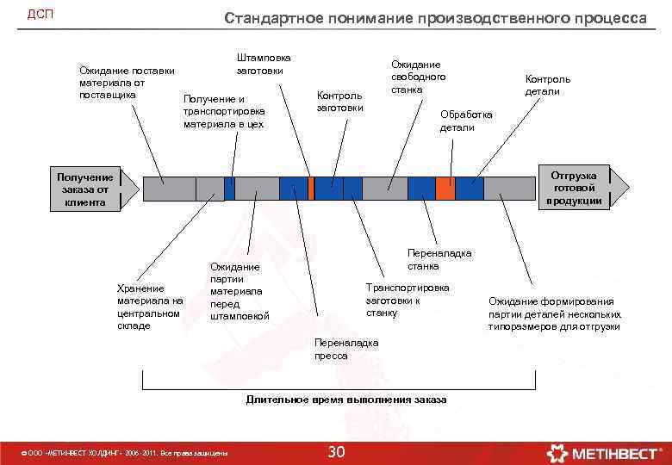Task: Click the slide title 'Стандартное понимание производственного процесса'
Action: [435, 17]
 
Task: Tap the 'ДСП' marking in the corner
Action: [40, 15]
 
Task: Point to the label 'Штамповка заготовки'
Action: [264, 64]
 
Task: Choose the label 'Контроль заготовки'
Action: [339, 101]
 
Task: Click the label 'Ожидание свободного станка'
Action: [418, 77]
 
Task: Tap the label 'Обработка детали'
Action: [466, 121]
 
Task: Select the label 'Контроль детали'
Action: [547, 85]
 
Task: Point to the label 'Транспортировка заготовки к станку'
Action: [407, 299]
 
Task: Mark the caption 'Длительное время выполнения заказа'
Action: [346, 400]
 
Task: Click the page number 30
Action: [337, 452]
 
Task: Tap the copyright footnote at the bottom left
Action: [125, 453]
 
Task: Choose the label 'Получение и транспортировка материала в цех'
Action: [224, 112]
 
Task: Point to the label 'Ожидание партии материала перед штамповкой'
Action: [240, 291]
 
